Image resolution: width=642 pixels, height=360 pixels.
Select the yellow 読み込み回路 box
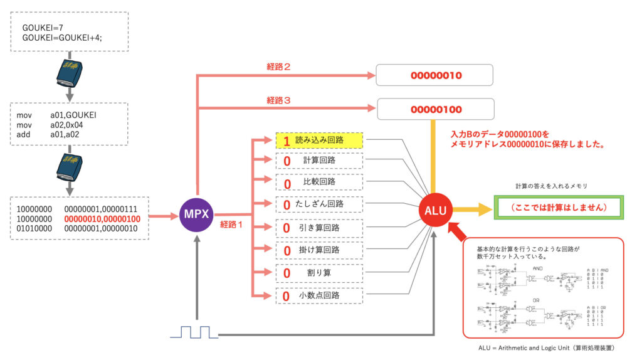[319, 140]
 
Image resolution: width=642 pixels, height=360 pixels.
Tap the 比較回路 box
[319, 183]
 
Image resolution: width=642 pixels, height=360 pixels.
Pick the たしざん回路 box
[319, 204]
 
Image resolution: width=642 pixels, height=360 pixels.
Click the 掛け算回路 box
[319, 251]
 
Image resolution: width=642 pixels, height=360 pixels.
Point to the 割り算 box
[319, 273]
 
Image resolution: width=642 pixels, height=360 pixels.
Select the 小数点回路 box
[319, 295]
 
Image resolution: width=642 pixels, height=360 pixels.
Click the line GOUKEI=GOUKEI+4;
[62, 38]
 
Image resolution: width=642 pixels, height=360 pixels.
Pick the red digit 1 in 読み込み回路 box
[287, 141]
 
